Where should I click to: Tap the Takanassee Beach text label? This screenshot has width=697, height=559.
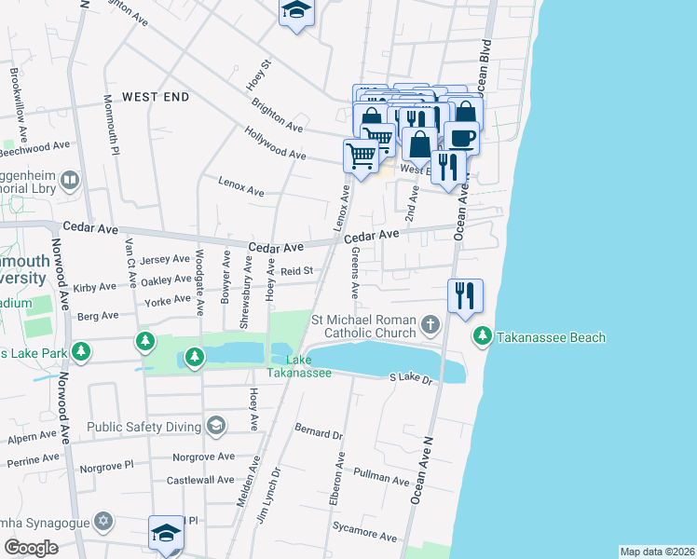(x=552, y=337)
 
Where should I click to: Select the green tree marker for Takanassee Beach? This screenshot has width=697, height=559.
(x=483, y=335)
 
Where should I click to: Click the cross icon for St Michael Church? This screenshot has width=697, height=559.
(x=430, y=325)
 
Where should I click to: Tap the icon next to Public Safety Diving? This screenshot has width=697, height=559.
(x=216, y=427)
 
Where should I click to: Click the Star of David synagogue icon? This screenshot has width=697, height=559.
(x=104, y=519)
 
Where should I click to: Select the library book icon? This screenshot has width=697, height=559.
(x=70, y=178)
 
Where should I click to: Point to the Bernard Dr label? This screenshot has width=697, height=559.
(x=319, y=433)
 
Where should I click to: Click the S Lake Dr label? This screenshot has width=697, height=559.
(x=411, y=378)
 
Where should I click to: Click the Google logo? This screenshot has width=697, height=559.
(x=31, y=548)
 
